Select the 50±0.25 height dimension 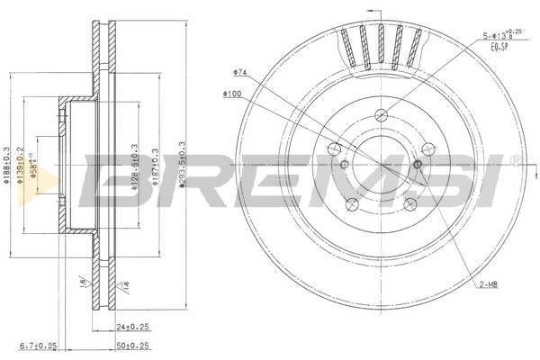point(133,346)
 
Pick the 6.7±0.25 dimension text point(36,346)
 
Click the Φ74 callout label point(239,70)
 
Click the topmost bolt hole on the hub point(381,113)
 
